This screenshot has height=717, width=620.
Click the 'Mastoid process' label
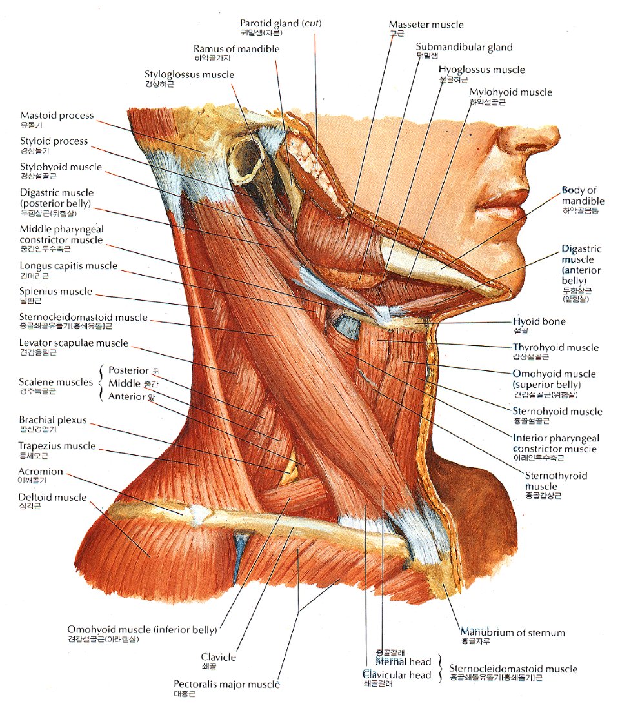(57, 116)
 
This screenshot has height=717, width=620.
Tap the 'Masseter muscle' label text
(426, 25)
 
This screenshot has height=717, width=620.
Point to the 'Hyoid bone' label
(539, 321)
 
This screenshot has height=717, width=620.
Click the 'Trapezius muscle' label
(57, 446)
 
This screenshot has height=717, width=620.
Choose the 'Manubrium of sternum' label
(512, 632)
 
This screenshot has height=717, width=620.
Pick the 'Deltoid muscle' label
(52, 498)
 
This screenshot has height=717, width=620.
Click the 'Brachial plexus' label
(53, 420)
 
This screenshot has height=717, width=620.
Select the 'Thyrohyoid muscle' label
(555, 348)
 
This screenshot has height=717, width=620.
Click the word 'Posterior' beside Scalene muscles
(128, 370)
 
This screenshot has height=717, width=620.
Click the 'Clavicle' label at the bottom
(219, 657)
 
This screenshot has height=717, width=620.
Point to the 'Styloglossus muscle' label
(189, 75)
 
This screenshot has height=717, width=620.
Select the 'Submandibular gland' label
(464, 47)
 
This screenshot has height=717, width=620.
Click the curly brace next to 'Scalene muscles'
(101, 383)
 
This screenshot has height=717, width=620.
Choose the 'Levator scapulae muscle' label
(74, 343)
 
